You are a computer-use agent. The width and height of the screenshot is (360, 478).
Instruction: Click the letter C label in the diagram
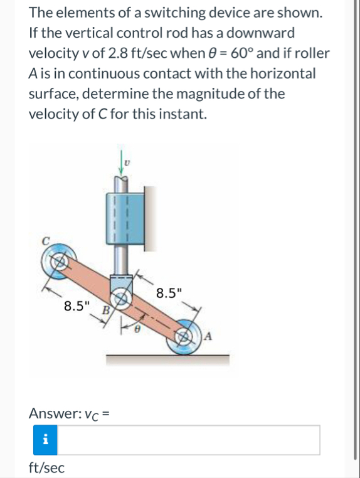pos(45,241)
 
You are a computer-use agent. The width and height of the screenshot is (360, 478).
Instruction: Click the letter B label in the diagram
pos(106,310)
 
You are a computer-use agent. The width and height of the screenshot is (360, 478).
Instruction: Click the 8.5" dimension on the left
pos(77,307)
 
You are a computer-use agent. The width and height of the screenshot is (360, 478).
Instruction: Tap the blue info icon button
pos(45,440)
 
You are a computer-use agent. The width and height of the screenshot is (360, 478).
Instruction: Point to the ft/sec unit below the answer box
pos(46,467)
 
